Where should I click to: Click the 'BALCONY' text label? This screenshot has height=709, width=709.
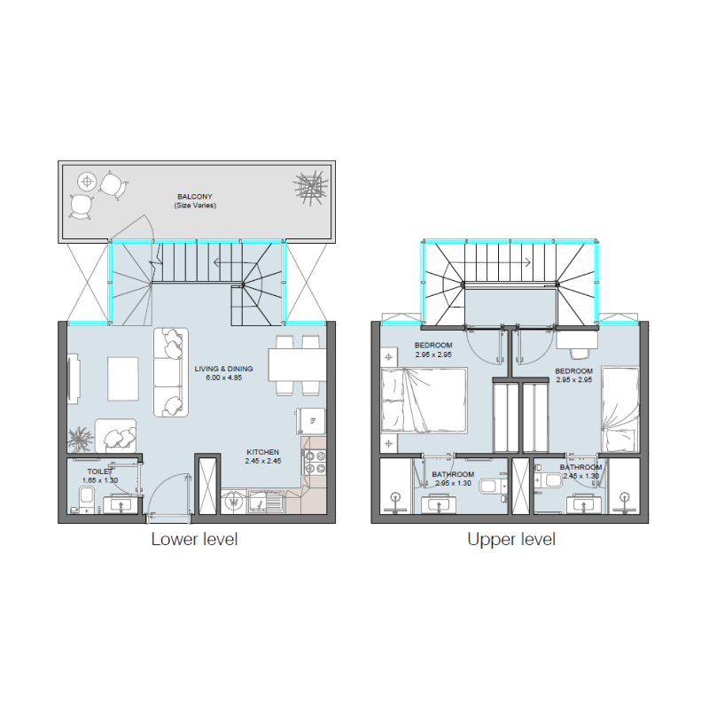[x=194, y=196]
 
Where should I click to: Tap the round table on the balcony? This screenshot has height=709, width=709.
[x=87, y=181]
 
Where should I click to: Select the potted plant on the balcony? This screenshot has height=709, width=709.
[x=309, y=189]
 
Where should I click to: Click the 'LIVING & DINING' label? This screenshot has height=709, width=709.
[x=223, y=369]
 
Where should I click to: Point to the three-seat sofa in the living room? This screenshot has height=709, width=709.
[x=171, y=371]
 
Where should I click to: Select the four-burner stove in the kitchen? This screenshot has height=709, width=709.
[x=315, y=463]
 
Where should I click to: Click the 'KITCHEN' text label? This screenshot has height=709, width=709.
[x=262, y=452]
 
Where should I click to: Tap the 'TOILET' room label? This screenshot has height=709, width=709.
[x=99, y=471]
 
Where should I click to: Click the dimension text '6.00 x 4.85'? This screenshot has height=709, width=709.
[x=223, y=378]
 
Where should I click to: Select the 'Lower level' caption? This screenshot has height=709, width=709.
[x=194, y=539]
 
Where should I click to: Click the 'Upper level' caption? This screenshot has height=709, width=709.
[x=511, y=539]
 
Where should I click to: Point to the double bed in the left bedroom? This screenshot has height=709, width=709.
[x=424, y=401]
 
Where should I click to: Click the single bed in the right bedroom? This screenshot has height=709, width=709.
[x=620, y=407]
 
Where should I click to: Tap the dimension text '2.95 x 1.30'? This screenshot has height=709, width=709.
[x=453, y=483]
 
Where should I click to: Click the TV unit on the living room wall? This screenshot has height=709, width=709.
[x=73, y=375]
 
